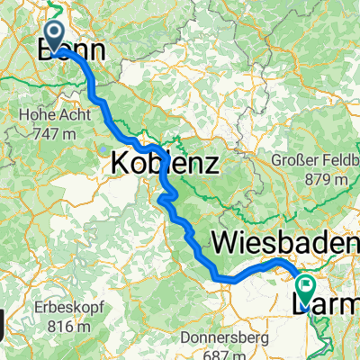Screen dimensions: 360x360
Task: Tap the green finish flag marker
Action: click(307, 290)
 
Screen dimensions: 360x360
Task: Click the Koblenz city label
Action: click(164, 164)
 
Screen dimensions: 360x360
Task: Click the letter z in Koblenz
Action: click(211, 164)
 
